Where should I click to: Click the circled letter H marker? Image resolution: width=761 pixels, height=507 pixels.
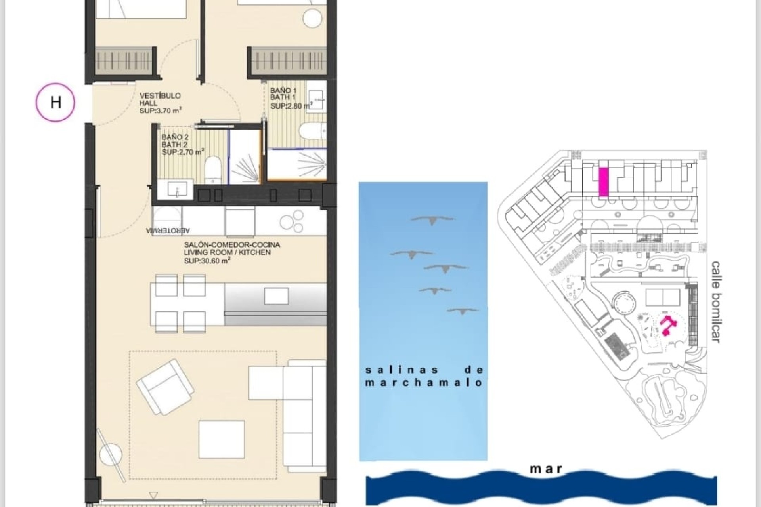tap(55, 102)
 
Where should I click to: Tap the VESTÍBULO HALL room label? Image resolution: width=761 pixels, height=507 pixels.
tap(161, 103)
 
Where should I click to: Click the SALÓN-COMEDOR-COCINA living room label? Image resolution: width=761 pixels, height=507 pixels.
tap(231, 252)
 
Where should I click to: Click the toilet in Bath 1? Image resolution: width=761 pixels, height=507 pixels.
tap(312, 131)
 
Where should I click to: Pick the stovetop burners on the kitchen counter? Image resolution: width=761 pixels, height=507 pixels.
tap(291, 223)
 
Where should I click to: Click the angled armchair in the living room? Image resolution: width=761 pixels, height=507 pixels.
tap(165, 381)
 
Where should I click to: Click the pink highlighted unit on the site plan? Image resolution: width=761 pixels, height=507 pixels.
tap(603, 182)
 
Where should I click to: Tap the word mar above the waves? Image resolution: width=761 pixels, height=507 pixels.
tap(546, 469)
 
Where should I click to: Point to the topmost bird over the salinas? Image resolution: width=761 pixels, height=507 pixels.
tap(432, 220)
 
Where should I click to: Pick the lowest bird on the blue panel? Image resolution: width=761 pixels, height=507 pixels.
tap(463, 311)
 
